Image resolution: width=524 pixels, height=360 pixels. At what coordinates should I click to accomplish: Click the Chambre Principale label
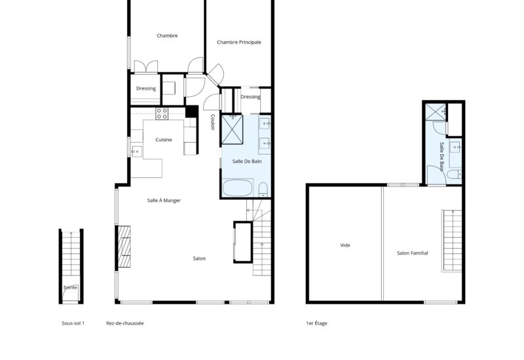coord(239,42)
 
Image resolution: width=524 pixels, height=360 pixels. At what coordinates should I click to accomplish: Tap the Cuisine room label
coord(164,139)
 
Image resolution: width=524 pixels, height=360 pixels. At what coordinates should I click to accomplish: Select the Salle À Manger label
coord(164,200)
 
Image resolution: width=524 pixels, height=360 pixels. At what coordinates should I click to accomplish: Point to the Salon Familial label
coord(413,253)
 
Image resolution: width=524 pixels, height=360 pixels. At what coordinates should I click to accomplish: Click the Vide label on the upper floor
coord(345,245)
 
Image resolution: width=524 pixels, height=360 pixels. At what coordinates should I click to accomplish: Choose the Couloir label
coord(212,122)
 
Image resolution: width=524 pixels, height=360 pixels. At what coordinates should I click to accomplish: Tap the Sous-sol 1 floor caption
coord(73,323)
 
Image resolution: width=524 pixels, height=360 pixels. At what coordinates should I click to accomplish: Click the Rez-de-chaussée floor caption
coord(125,323)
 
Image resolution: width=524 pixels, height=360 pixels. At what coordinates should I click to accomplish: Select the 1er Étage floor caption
coord(316,323)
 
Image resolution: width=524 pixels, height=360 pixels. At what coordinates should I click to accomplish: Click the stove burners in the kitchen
coord(162,113)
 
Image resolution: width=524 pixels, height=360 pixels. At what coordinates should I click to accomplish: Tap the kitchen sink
coord(136,152)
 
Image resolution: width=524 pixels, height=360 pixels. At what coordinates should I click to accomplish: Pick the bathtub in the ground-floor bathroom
coord(238,188)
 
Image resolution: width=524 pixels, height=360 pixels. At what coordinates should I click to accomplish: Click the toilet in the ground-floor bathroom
coord(263,189)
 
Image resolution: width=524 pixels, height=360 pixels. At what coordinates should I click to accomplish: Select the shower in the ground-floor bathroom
coord(233,130)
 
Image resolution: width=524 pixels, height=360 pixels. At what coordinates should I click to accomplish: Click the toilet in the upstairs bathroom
coord(454,174)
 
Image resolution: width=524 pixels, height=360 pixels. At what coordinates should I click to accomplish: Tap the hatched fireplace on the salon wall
coord(124,247)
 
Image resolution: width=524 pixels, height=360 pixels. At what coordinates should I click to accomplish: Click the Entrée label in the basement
coord(71,287)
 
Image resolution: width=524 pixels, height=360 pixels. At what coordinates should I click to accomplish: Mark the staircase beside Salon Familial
coord(452,240)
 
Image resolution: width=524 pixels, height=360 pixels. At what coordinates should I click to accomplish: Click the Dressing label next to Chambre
coord(146,88)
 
